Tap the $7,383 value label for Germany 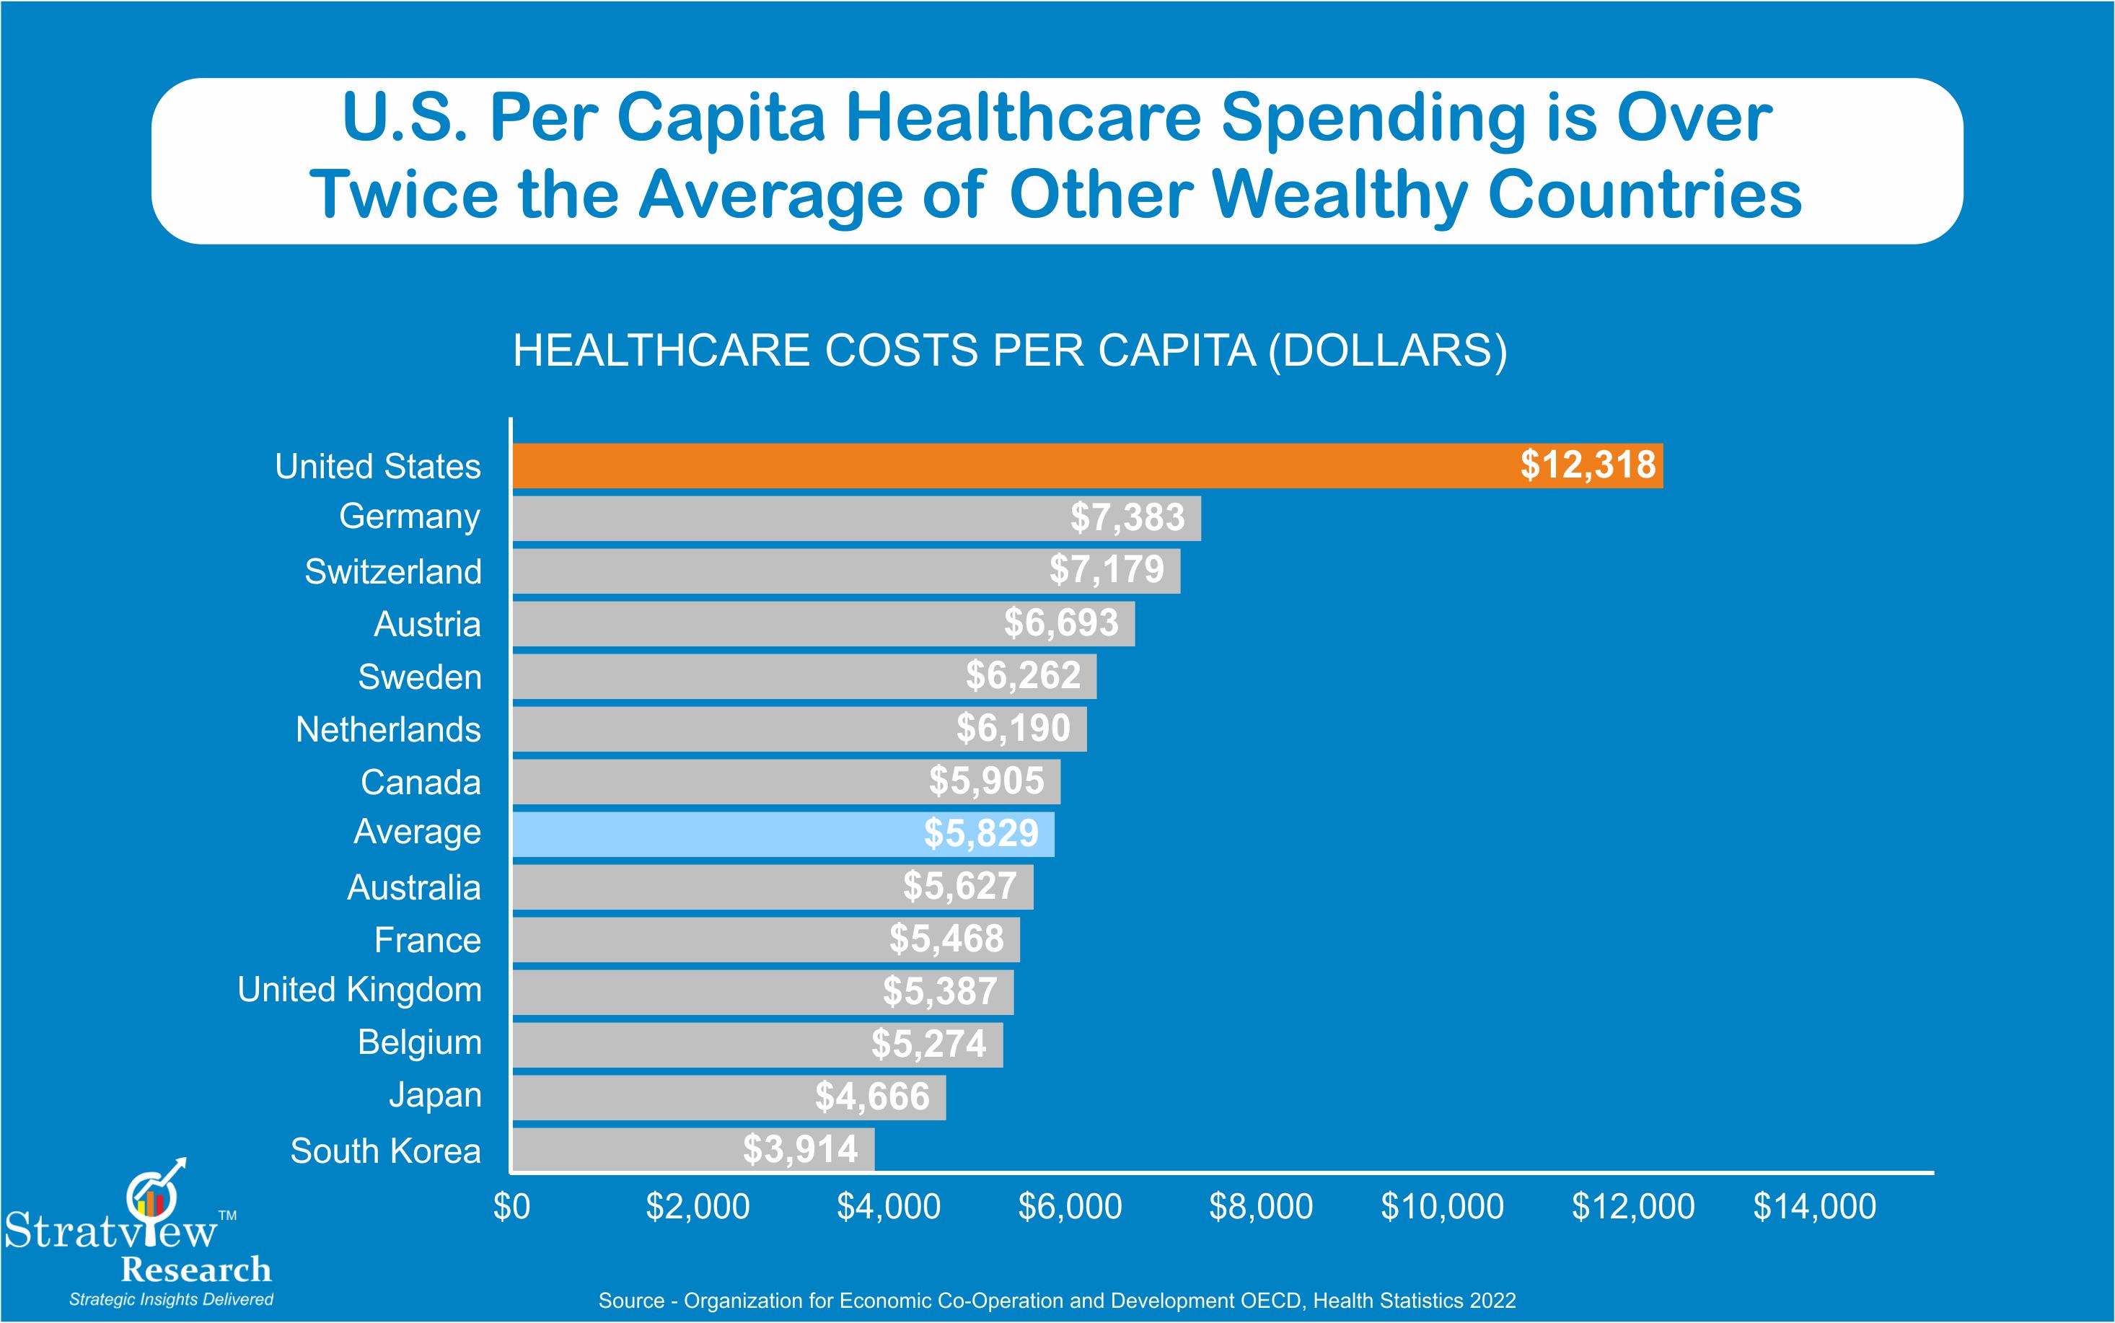pos(1127,517)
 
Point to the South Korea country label pos(386,1151)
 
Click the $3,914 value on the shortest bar pos(801,1149)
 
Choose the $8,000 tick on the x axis pos(1260,1207)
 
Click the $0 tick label pos(511,1207)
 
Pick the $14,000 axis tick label pos(1814,1207)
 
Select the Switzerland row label pos(392,571)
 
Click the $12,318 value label pos(1588,465)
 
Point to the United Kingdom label pos(359,990)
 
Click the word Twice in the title pos(403,194)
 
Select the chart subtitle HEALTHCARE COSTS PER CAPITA pos(1009,351)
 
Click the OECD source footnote pos(1057,1300)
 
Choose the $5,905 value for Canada pos(986,781)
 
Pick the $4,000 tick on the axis pos(889,1207)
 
